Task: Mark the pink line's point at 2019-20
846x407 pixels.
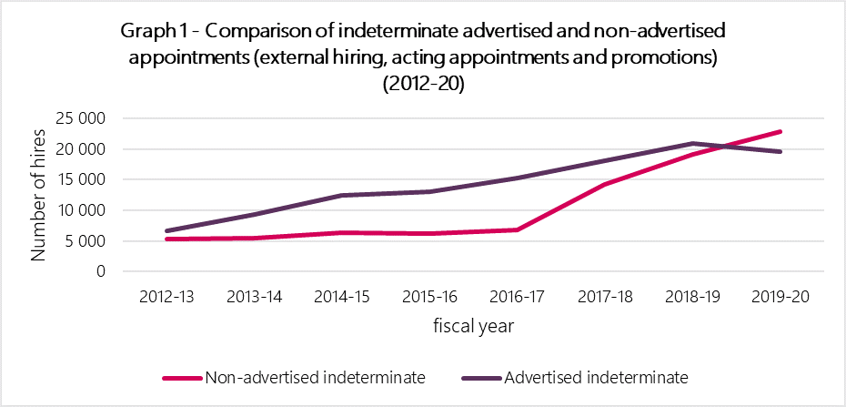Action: coord(780,132)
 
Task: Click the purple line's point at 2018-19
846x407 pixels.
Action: coord(692,144)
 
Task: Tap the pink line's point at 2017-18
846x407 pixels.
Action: coord(604,184)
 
